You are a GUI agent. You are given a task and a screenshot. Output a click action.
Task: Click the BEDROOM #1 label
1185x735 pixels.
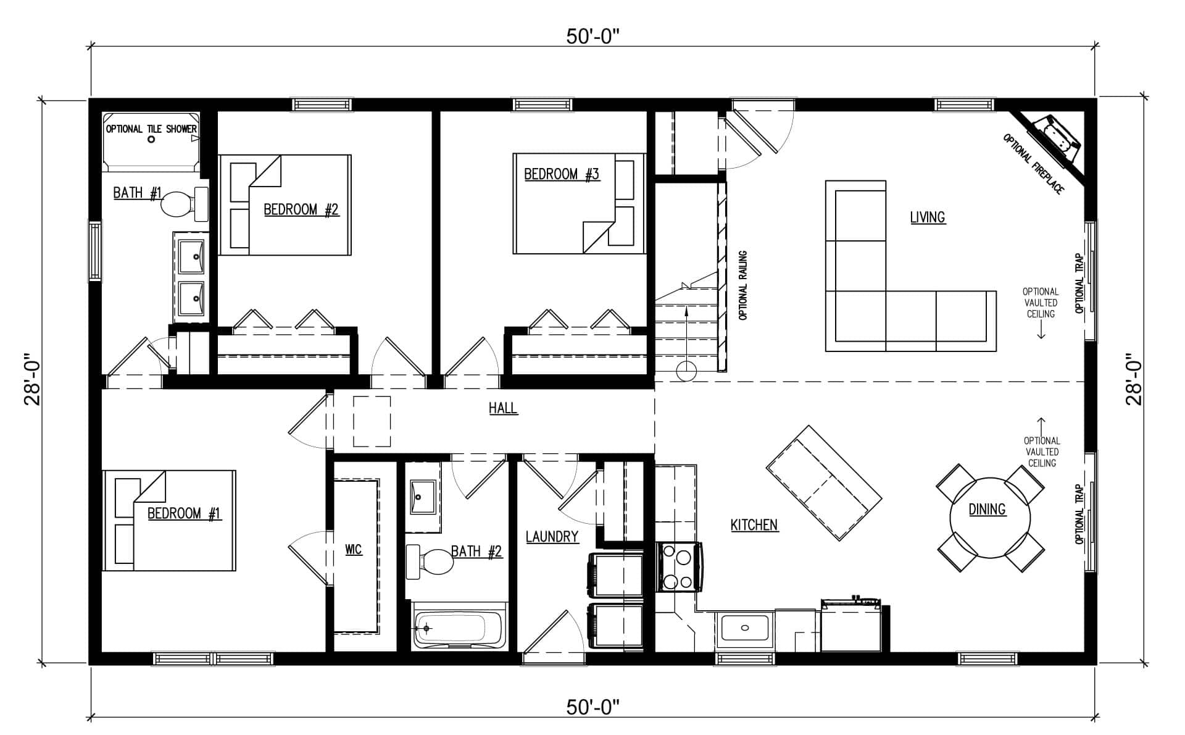coord(184,513)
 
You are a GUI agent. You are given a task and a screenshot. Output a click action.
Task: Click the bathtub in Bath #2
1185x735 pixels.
coord(459,629)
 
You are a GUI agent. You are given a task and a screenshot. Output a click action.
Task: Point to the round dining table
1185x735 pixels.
coord(990,517)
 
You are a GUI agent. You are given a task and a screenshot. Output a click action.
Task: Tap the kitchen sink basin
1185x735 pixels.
coord(745,628)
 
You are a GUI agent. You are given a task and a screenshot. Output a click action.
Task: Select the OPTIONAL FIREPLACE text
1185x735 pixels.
coord(1034,164)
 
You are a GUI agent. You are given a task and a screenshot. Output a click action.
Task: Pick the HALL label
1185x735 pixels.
coord(503,408)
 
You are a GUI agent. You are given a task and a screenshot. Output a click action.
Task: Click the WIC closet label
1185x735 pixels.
coord(353,549)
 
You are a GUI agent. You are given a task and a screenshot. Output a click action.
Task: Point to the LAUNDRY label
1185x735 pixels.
coord(552,537)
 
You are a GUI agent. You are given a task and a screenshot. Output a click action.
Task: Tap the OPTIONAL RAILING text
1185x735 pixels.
coord(743,285)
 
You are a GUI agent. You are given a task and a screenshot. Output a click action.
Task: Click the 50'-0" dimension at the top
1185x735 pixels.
coord(592,36)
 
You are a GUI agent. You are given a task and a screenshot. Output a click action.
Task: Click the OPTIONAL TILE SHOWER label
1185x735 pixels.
coord(151,129)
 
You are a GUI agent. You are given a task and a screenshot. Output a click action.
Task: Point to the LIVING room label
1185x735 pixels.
coord(928,217)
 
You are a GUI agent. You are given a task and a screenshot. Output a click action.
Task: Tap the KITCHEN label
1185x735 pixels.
coord(754,525)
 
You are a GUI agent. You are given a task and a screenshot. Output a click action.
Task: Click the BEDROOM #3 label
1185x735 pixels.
coord(562,174)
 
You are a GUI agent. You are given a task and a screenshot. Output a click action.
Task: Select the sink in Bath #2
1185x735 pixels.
coord(423,497)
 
